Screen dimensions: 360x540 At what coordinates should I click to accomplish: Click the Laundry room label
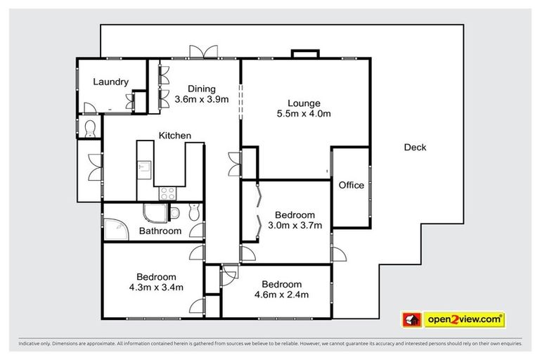pos(110,82)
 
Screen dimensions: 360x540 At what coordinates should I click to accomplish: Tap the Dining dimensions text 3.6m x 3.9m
pos(202,99)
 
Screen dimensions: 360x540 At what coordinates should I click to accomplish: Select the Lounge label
pos(304,103)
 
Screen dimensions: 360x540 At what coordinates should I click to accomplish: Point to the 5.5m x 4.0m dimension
pos(304,113)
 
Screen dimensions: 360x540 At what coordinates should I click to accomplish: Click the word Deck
pos(415,148)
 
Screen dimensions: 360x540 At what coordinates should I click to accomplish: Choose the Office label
pos(352,186)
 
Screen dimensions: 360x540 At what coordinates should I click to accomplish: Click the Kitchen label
pos(174,136)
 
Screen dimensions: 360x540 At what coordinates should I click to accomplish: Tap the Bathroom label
pos(160,231)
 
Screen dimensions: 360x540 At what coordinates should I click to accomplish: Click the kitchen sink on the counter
pos(144,168)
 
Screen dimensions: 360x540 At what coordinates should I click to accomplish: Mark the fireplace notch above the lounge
pos(305,54)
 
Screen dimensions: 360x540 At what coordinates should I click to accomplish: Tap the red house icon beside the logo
pos(411,319)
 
